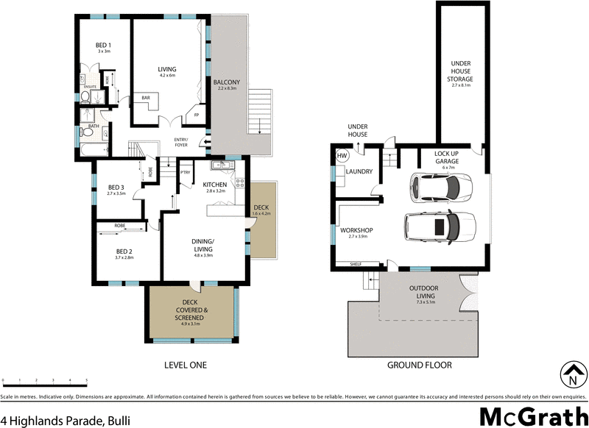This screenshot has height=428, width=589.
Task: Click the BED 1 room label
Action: pyautogui.click(x=104, y=46)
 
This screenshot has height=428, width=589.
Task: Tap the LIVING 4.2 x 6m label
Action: pyautogui.click(x=167, y=71)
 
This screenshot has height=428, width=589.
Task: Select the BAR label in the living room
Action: pyautogui.click(x=146, y=97)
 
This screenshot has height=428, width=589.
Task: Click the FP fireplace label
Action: pyautogui.click(x=196, y=115)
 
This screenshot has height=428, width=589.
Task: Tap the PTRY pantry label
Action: pyautogui.click(x=185, y=172)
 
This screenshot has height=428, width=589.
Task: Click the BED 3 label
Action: pyautogui.click(x=116, y=187)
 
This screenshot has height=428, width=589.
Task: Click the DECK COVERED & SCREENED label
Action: pyautogui.click(x=190, y=310)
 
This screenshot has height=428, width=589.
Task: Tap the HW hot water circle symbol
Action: pyautogui.click(x=342, y=157)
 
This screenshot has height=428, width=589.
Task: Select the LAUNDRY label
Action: pyautogui.click(x=359, y=172)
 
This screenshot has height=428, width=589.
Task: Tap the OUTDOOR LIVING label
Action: pyautogui.click(x=426, y=292)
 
